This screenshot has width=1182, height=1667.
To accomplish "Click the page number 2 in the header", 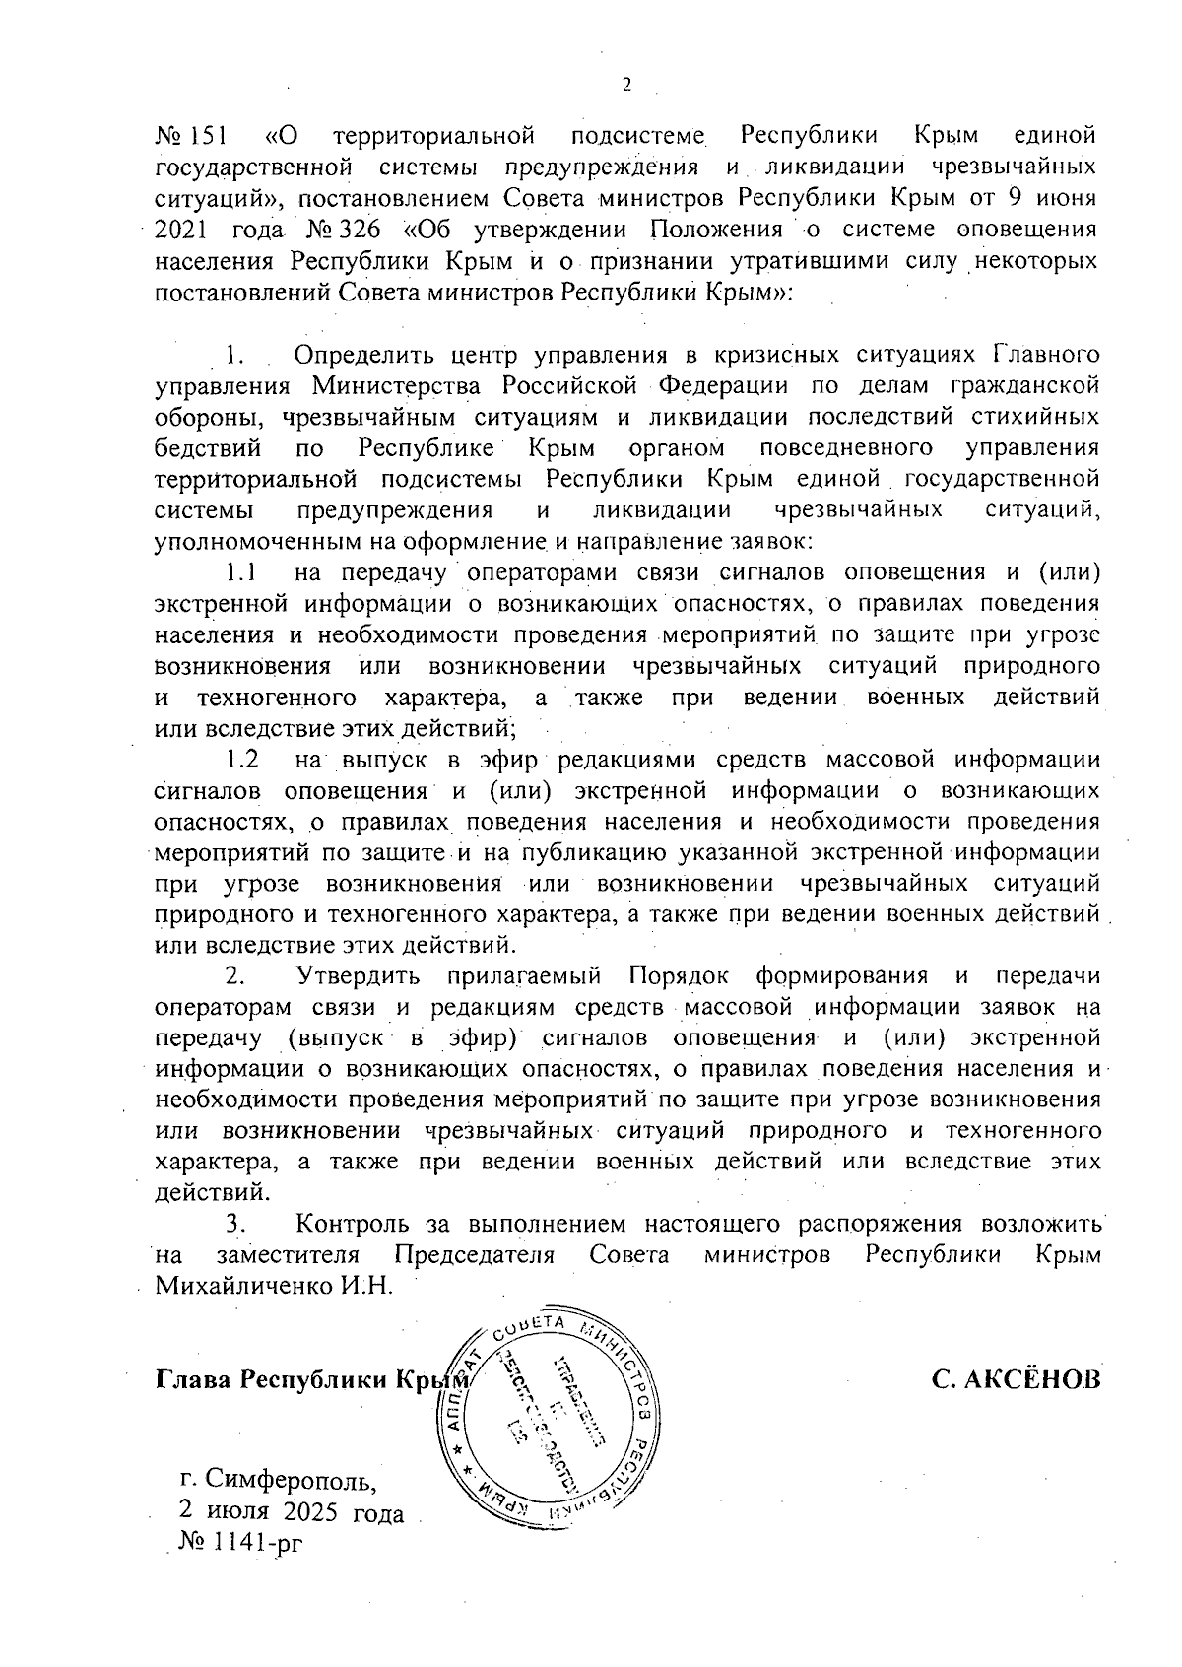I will [x=626, y=86].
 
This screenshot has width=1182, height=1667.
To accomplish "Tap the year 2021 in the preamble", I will [x=183, y=232].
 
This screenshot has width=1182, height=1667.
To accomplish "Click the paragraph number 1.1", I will [x=240, y=571].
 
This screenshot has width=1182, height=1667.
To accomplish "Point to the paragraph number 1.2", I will [x=241, y=760].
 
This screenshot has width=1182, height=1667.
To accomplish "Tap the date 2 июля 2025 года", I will [x=292, y=1512].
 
